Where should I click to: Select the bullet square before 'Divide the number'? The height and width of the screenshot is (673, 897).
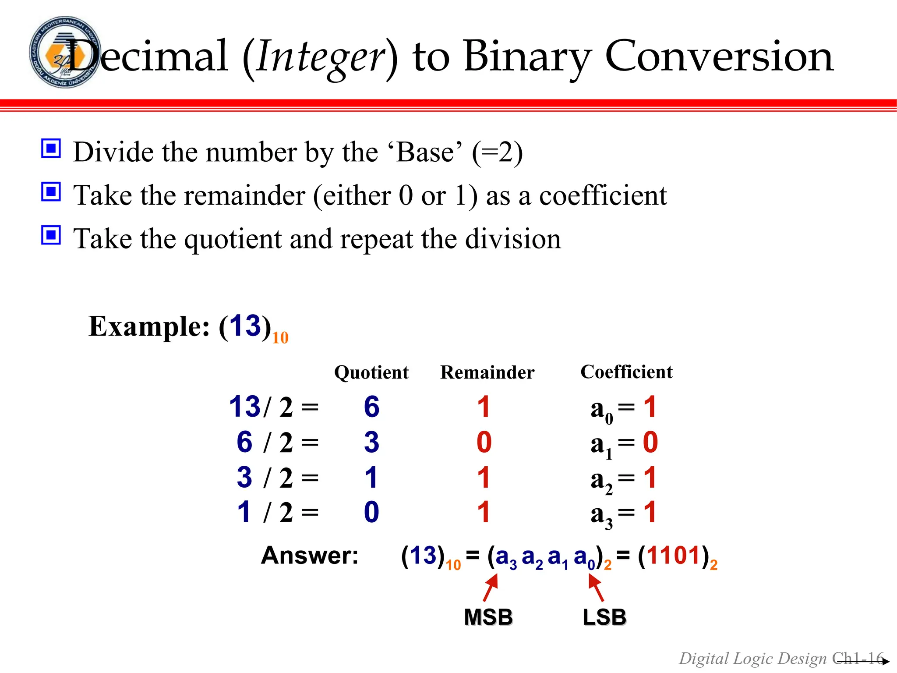point(51,149)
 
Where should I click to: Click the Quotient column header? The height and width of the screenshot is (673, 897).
point(371,372)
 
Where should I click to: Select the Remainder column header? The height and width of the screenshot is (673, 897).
point(487,372)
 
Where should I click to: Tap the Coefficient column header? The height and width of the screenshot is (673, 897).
point(626,372)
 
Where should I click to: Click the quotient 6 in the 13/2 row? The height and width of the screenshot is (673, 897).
point(371,407)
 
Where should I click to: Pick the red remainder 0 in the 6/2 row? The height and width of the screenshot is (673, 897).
point(484,442)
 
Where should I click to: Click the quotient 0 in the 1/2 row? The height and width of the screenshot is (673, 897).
point(371,512)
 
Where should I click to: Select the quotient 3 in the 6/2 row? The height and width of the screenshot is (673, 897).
point(371,442)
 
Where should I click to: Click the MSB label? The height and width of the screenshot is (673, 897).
point(488,617)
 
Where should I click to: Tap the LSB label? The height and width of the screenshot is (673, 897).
point(604,617)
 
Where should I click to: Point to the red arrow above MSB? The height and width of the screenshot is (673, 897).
point(491,588)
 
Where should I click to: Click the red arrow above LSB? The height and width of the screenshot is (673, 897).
point(596,588)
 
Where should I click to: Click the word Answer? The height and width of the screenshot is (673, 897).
point(310,556)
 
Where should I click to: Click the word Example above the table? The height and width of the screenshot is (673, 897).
point(149,327)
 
